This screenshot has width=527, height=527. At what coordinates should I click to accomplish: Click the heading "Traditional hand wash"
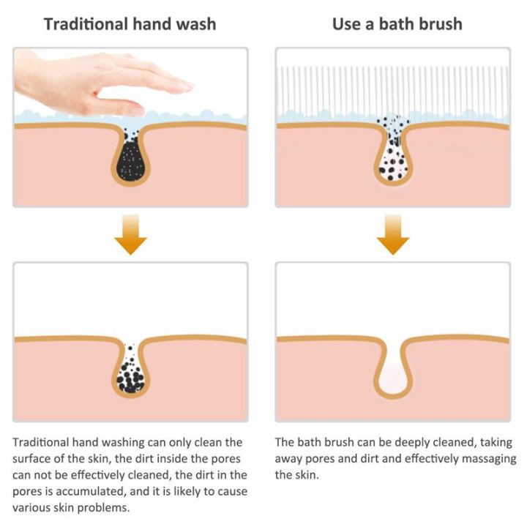click(130, 23)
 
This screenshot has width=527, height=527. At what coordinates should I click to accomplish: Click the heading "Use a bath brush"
click(397, 23)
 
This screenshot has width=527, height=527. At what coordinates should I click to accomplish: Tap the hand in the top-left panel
click(102, 84)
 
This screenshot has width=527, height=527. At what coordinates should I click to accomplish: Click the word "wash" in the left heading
click(195, 23)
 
